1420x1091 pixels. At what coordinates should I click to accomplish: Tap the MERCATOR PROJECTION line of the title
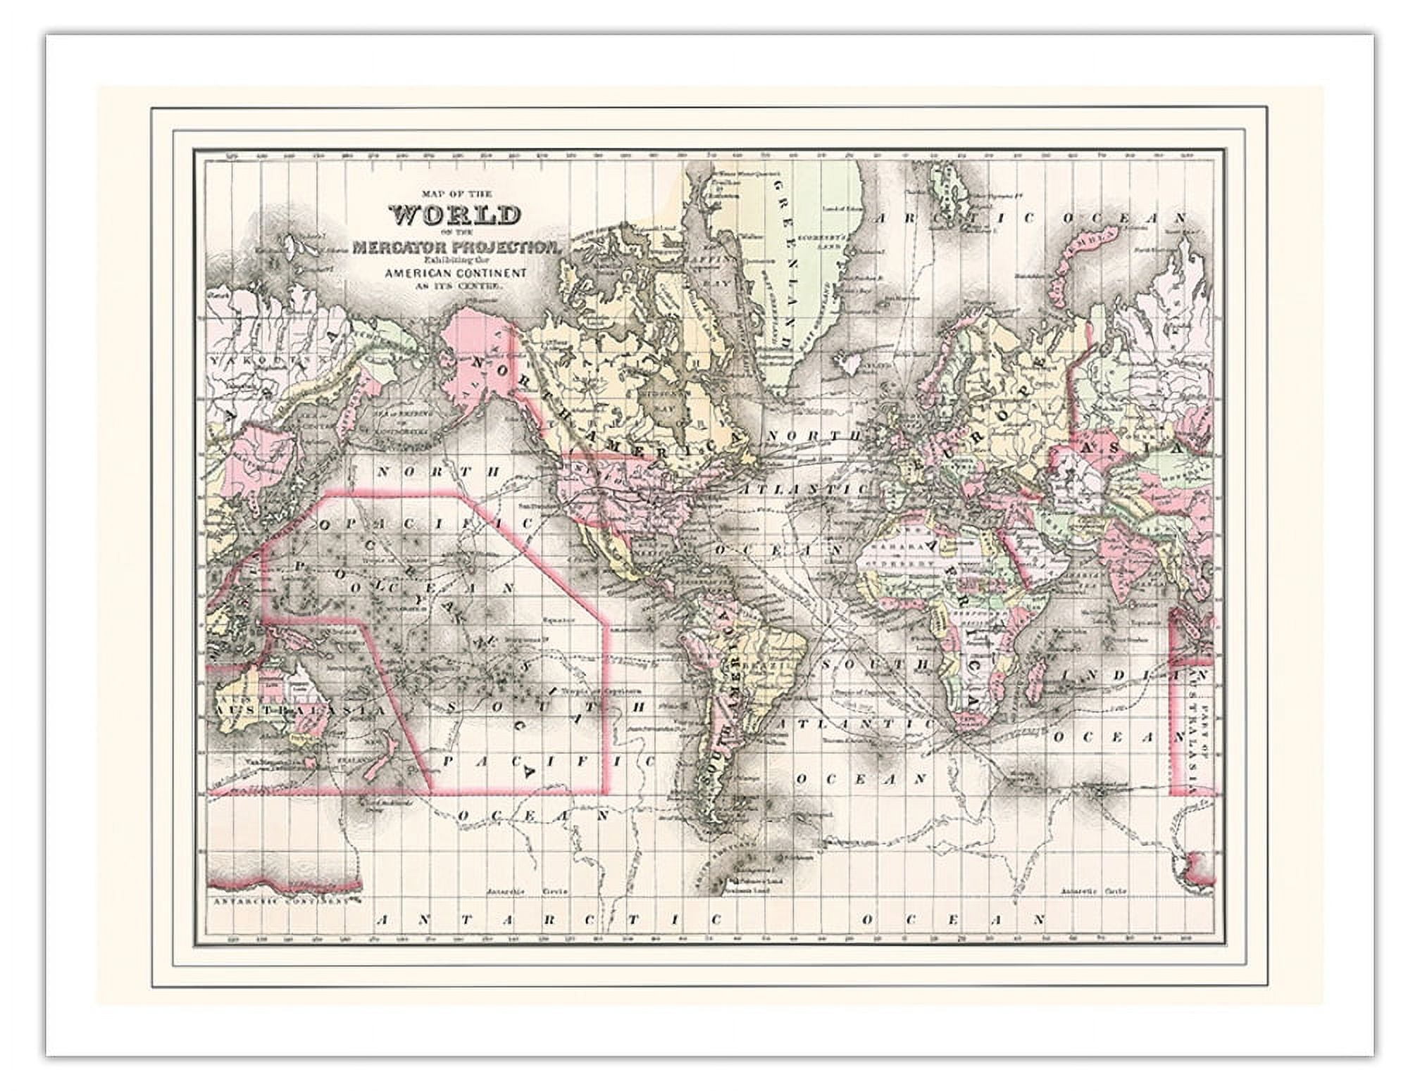coord(456,248)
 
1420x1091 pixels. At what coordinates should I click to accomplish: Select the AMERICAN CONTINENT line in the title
coord(456,272)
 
